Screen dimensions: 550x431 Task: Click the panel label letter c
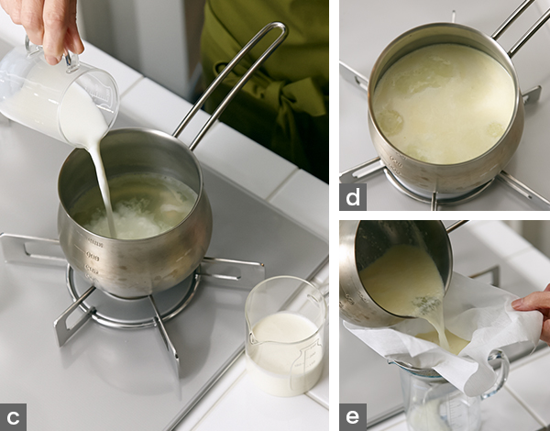(x=13, y=417)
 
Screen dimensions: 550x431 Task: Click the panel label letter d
(x=353, y=197)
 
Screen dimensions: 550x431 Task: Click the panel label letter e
(x=353, y=417)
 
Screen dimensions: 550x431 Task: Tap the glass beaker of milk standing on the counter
(x=286, y=336)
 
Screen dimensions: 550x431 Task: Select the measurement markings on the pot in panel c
(x=92, y=258)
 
